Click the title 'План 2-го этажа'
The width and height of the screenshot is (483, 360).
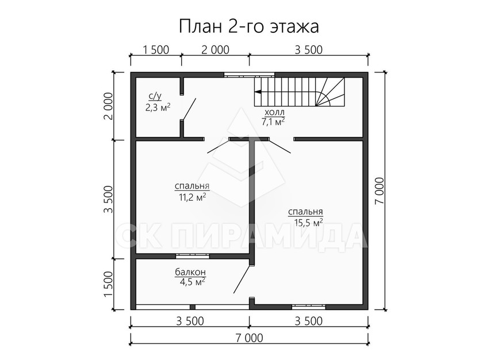[248, 26]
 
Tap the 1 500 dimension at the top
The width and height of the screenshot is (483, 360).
[156, 50]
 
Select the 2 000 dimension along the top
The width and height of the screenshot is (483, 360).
[215, 50]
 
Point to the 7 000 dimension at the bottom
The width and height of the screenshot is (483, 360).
[249, 338]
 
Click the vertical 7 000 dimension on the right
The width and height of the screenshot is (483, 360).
[380, 190]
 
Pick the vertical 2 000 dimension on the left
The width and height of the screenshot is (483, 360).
[109, 106]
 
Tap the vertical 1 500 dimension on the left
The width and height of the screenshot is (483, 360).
[109, 284]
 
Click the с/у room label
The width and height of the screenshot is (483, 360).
[155, 97]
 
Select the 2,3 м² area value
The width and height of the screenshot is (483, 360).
[158, 108]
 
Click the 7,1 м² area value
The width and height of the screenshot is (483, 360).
[273, 121]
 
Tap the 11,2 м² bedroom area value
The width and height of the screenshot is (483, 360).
[192, 197]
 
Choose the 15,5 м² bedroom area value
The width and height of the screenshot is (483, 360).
[309, 223]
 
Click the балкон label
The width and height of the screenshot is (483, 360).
[190, 272]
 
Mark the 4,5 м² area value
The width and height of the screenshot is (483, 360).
[193, 281]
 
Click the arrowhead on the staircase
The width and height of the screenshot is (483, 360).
[258, 91]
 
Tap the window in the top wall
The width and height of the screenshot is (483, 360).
[249, 75]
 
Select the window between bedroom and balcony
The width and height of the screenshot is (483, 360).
[193, 255]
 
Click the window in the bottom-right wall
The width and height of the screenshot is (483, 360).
[309, 307]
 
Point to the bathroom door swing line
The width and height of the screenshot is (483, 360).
[189, 109]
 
